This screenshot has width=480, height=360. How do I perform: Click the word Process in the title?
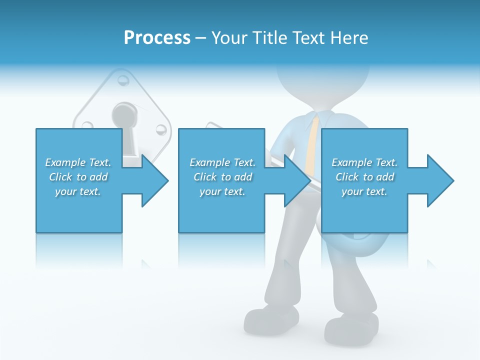tap(157, 38)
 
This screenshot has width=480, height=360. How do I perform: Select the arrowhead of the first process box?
tap(154, 180)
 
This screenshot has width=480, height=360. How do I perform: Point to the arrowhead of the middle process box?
tap(297, 180)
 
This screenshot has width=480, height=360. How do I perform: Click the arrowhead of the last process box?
tap(439, 180)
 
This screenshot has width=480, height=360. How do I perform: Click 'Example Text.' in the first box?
tap(78, 162)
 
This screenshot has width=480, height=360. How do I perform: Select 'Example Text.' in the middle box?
tap(222, 162)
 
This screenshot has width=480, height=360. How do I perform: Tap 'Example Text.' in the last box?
tap(364, 162)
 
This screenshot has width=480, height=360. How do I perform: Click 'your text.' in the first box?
tap(78, 191)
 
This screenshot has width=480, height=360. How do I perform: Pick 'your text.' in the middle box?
tap(222, 191)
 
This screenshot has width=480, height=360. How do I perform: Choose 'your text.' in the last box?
tap(364, 191)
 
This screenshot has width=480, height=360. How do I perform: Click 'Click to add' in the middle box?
tap(222, 177)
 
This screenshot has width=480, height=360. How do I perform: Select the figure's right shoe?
tap(350, 327)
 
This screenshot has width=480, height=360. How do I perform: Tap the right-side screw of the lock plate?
tap(161, 130)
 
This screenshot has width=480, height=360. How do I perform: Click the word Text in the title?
tap(308, 38)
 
